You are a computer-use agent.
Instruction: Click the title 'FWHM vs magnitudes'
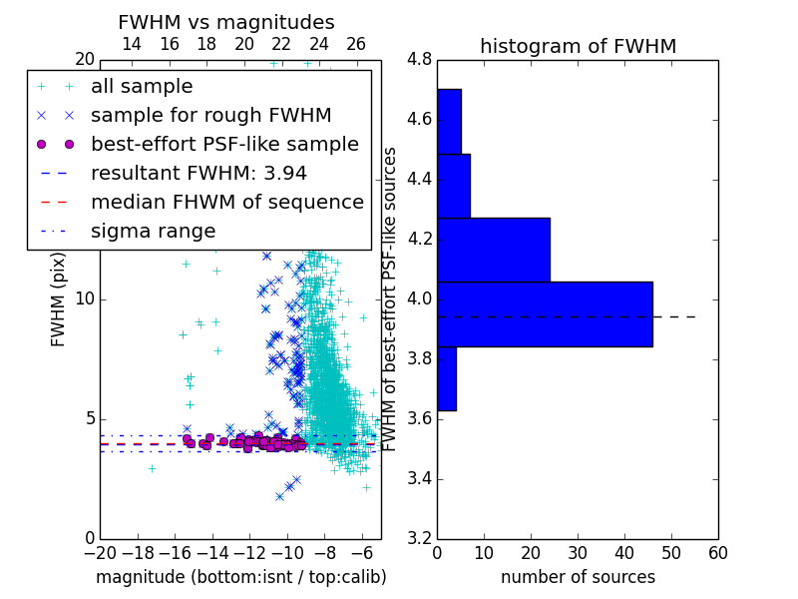point(226,22)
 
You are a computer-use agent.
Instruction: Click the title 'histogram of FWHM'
point(579,46)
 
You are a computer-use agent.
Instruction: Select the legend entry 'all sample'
point(142,87)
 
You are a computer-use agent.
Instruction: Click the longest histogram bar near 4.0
point(545,314)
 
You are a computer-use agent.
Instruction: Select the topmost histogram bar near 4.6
point(450,122)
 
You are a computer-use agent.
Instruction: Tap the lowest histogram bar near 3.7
point(447,378)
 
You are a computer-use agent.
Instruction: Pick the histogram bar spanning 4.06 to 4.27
point(494,251)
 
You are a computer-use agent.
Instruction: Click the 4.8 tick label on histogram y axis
point(419,60)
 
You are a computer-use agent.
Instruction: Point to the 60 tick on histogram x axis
point(718,553)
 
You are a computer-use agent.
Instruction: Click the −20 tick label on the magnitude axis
point(101,553)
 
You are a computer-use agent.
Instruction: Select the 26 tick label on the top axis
point(356,44)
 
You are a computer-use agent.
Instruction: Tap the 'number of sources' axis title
point(579,577)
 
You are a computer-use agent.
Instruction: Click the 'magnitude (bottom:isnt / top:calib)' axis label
point(241,577)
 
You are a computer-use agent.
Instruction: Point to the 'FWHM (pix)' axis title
point(58,299)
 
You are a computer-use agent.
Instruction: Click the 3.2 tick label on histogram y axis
point(419,539)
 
